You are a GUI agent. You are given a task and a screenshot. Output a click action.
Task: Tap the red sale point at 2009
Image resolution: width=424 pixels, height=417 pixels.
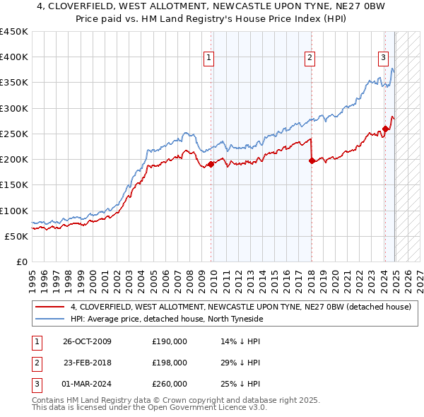pos(211,164)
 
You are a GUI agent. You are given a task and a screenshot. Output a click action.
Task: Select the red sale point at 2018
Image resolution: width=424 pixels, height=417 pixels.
pos(312,160)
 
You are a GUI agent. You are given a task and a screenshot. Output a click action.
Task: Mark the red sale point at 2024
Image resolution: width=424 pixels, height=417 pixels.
pos(385,129)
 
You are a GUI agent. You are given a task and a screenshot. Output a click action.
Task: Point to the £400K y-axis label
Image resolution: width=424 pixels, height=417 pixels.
pos(14,57)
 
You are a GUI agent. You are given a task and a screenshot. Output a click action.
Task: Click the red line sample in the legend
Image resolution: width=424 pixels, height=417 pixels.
pos(49,307)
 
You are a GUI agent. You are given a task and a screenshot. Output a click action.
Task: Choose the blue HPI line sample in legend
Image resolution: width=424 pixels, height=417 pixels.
pos(49,319)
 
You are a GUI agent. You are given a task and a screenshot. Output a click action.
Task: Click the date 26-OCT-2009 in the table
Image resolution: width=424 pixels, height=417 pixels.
pos(87,341)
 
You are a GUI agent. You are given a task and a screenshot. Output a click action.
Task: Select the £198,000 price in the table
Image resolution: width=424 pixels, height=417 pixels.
pos(170,363)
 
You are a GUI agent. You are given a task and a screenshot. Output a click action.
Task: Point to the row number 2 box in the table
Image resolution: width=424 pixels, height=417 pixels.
pos(35,363)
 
